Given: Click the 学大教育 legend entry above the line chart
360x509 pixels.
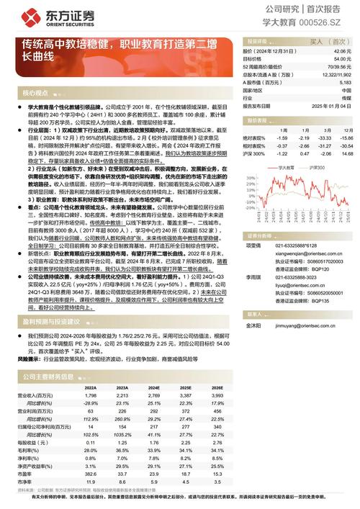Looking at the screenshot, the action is click(289, 166).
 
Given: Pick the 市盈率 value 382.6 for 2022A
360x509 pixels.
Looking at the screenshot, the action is click(90, 474).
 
